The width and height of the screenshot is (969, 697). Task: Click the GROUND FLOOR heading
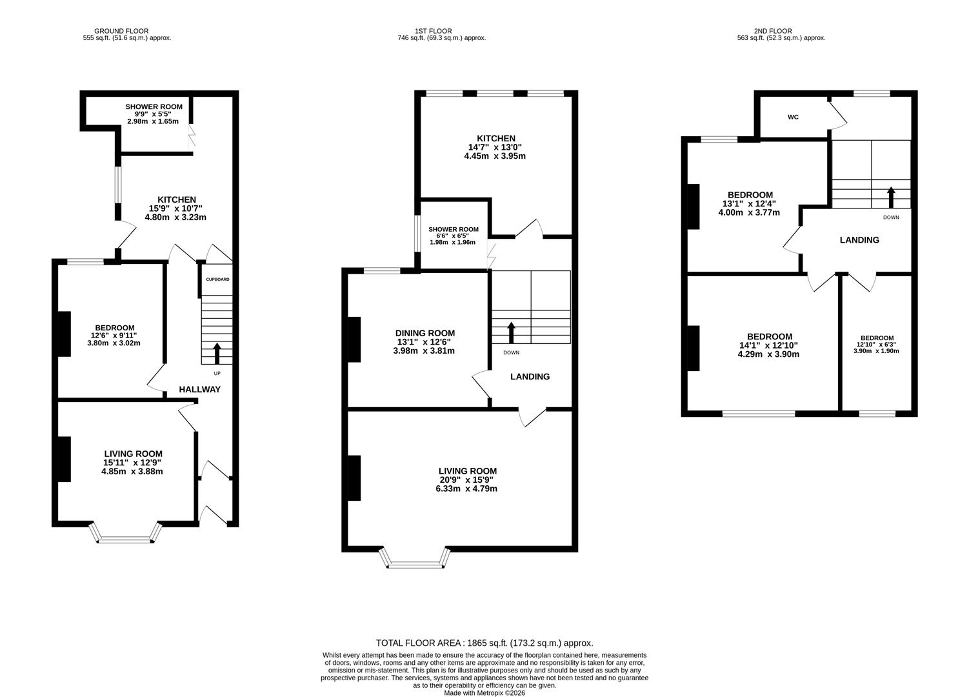click(x=121, y=31)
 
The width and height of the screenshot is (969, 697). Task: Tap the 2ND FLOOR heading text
click(x=772, y=31)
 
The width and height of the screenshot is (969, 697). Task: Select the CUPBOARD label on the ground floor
click(x=217, y=279)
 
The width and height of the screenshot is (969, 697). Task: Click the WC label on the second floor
click(x=793, y=117)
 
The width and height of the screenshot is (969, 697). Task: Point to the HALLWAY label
click(x=199, y=389)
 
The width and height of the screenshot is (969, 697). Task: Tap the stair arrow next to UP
click(x=217, y=354)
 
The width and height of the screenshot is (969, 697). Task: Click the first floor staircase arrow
click(x=512, y=332)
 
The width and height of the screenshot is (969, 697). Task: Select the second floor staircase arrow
click(x=891, y=196)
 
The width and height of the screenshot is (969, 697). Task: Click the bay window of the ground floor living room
click(x=126, y=534)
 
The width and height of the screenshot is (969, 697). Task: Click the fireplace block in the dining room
click(x=354, y=339)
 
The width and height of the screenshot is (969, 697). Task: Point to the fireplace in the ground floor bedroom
click(x=64, y=334)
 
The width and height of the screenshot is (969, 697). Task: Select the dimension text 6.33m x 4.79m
click(x=466, y=489)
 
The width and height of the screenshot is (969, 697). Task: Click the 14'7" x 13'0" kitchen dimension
click(x=495, y=147)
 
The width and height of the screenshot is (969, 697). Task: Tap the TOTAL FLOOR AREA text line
click(x=484, y=643)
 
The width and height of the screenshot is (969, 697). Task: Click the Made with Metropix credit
click(x=484, y=693)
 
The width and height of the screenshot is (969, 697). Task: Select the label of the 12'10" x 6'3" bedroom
click(x=877, y=338)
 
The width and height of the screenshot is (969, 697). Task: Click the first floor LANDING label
click(x=530, y=376)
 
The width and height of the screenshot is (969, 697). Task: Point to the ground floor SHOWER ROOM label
click(x=154, y=106)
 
